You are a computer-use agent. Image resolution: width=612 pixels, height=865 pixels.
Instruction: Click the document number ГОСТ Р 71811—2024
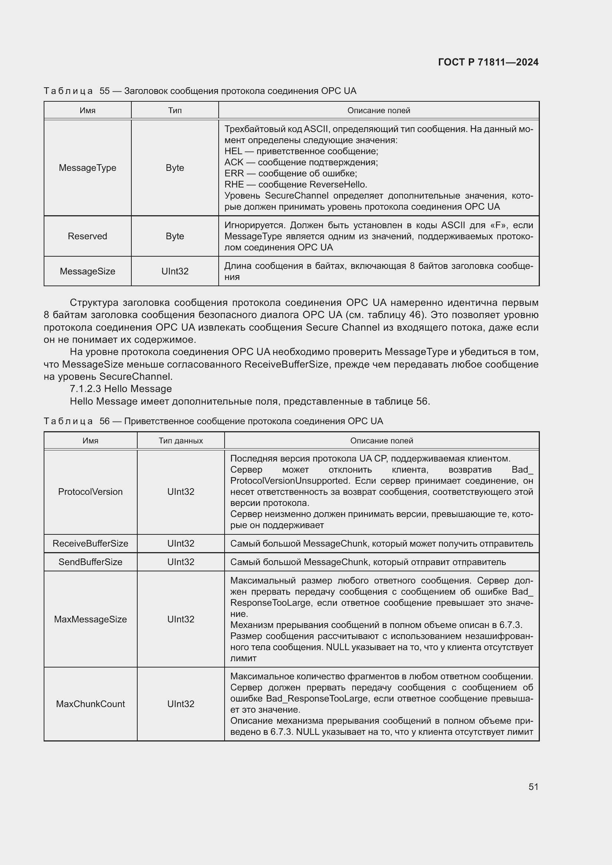(x=488, y=62)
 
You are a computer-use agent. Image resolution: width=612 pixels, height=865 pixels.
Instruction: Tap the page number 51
(x=533, y=787)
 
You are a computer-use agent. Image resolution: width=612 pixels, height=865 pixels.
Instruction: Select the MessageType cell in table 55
(x=87, y=168)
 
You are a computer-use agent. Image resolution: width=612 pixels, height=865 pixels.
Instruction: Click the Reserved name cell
(x=87, y=236)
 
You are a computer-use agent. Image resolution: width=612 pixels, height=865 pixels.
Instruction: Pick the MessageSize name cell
(x=87, y=271)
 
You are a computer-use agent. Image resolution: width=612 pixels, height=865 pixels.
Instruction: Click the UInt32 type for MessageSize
(x=175, y=271)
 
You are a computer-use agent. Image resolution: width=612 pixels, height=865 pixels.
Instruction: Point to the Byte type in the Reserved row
(x=175, y=236)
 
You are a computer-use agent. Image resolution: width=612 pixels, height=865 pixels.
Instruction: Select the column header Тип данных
(x=181, y=440)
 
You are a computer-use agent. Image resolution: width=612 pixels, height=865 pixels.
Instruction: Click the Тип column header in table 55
(x=175, y=110)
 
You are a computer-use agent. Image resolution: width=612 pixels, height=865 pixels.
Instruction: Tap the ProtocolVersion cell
(x=90, y=491)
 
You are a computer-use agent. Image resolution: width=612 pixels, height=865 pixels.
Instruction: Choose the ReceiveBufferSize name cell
(x=90, y=543)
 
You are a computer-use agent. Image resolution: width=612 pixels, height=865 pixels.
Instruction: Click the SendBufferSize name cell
(x=90, y=562)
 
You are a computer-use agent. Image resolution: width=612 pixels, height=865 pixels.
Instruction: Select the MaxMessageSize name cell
(x=90, y=619)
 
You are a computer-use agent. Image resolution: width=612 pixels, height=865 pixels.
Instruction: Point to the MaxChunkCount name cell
(x=90, y=704)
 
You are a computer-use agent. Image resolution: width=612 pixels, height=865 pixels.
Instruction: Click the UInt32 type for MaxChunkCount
(x=181, y=704)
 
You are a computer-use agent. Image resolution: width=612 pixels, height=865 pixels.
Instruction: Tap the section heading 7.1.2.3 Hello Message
(x=121, y=389)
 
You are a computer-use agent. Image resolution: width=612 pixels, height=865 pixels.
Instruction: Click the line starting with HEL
(x=301, y=151)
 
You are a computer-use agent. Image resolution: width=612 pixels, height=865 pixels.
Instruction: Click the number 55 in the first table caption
(x=104, y=91)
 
